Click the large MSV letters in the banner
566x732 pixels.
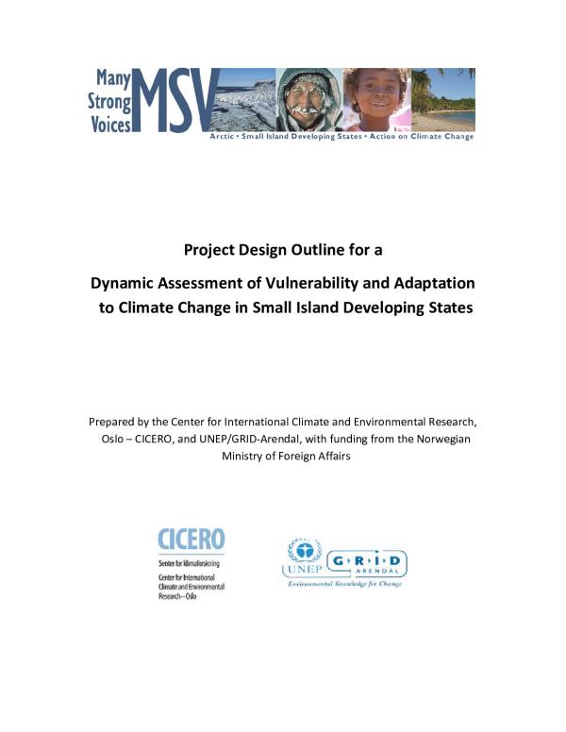pos(175,98)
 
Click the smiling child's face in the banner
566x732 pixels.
pos(377,98)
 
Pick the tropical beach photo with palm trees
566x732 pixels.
pos(442,98)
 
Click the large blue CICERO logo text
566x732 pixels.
pos(191,540)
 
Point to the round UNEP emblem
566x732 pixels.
pos(304,553)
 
